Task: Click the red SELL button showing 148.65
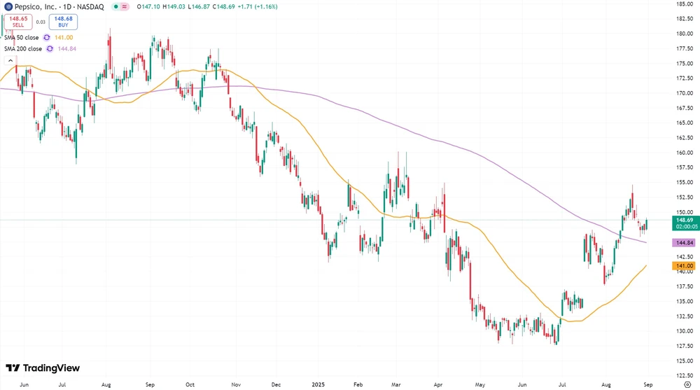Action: click(x=17, y=22)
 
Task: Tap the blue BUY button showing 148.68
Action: click(x=63, y=22)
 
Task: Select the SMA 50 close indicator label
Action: click(x=22, y=38)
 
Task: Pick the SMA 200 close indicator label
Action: click(x=23, y=48)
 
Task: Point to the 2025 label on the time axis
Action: click(x=318, y=384)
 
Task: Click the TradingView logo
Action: click(x=43, y=368)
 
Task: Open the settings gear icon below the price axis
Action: click(x=686, y=384)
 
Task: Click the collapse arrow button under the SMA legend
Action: click(x=10, y=60)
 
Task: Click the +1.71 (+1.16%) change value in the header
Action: click(x=258, y=6)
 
